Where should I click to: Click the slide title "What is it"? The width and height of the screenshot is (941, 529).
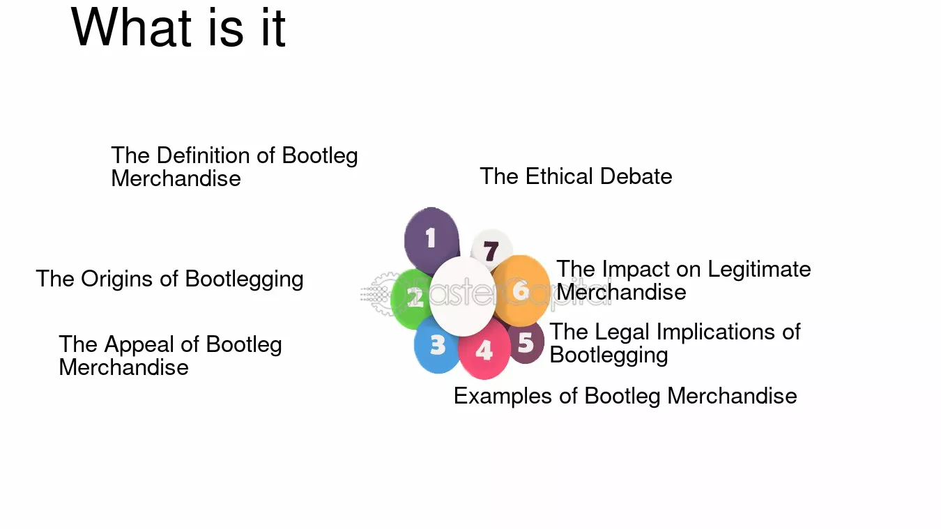[x=178, y=28]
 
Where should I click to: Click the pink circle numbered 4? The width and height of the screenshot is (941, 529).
[x=484, y=350]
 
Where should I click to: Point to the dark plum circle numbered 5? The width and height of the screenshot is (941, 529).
[x=527, y=342]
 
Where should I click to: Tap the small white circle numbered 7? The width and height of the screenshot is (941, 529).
[x=491, y=250]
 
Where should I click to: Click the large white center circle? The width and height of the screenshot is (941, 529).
[x=462, y=296]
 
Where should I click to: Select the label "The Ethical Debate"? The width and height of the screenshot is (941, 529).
[x=576, y=176]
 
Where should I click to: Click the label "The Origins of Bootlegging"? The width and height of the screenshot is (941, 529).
[x=169, y=279]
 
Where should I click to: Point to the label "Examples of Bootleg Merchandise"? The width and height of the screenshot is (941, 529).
[x=625, y=396]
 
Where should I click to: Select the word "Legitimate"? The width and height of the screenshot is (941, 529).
[x=760, y=269]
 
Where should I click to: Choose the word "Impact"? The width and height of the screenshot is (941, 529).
[x=634, y=269]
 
